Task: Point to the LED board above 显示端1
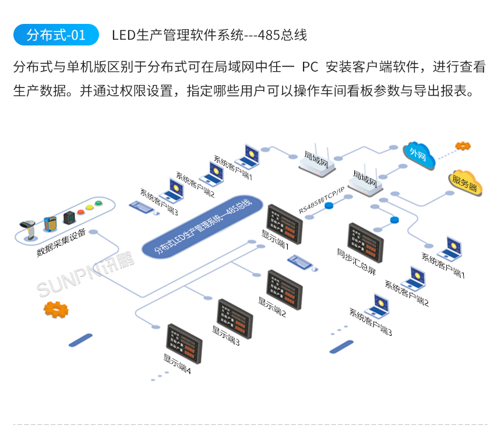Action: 284,221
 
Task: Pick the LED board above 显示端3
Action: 235,318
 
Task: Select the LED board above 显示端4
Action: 184,343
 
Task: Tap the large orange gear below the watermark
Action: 56,309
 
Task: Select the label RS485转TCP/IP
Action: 322,201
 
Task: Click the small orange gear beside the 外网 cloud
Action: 464,146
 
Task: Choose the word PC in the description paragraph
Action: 310,67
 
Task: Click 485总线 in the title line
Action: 281,36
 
